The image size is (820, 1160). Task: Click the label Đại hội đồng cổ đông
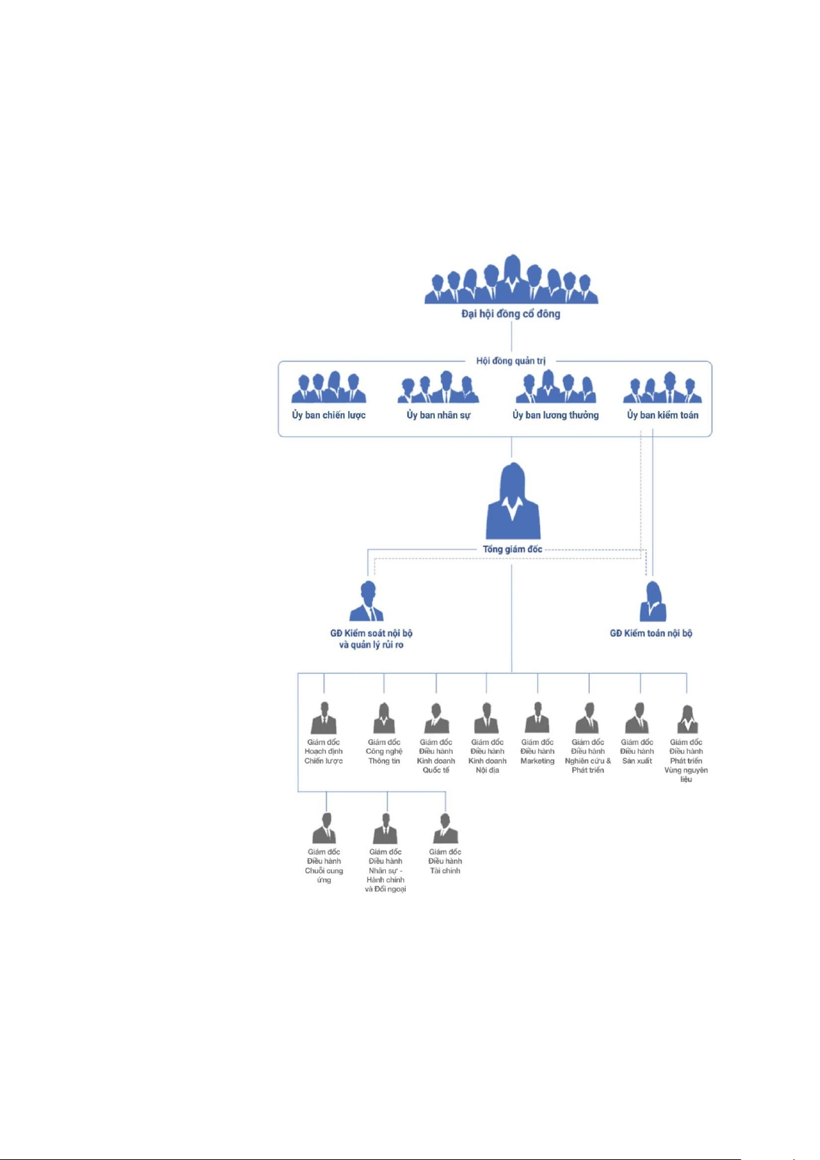click(510, 314)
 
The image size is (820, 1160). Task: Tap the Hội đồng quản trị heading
click(510, 361)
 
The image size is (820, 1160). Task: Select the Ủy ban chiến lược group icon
click(329, 388)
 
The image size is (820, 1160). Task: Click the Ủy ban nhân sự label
click(438, 415)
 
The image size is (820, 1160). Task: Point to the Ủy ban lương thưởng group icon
click(556, 387)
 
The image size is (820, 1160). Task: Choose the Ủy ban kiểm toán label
click(662, 415)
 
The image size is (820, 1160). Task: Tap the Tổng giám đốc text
click(512, 549)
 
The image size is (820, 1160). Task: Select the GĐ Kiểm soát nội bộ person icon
click(367, 602)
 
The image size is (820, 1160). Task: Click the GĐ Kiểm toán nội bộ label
click(651, 633)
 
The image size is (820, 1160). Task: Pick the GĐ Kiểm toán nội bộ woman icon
click(652, 602)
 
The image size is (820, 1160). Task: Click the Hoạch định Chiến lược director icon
click(324, 719)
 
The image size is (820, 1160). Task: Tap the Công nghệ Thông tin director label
click(384, 752)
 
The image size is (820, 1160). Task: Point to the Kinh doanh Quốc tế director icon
click(435, 719)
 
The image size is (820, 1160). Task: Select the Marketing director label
click(537, 752)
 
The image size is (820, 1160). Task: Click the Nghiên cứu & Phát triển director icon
click(588, 719)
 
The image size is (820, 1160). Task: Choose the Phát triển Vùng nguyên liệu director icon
click(687, 719)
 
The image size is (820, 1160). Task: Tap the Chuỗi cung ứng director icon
click(325, 829)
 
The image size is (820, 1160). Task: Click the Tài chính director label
click(445, 861)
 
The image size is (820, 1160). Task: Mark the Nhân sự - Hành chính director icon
click(386, 829)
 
